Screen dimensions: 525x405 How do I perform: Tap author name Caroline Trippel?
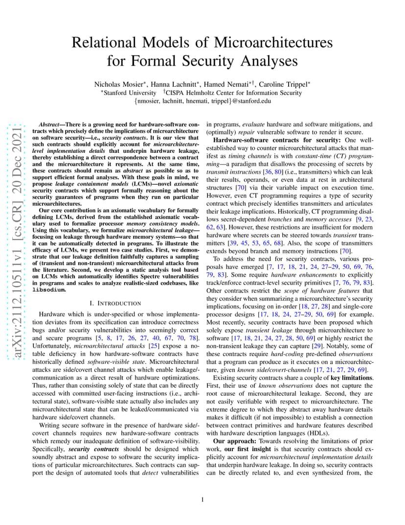tap(285, 84)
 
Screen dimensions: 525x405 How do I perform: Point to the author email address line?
tap(202, 101)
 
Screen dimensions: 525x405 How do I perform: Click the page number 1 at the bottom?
tap(202, 500)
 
